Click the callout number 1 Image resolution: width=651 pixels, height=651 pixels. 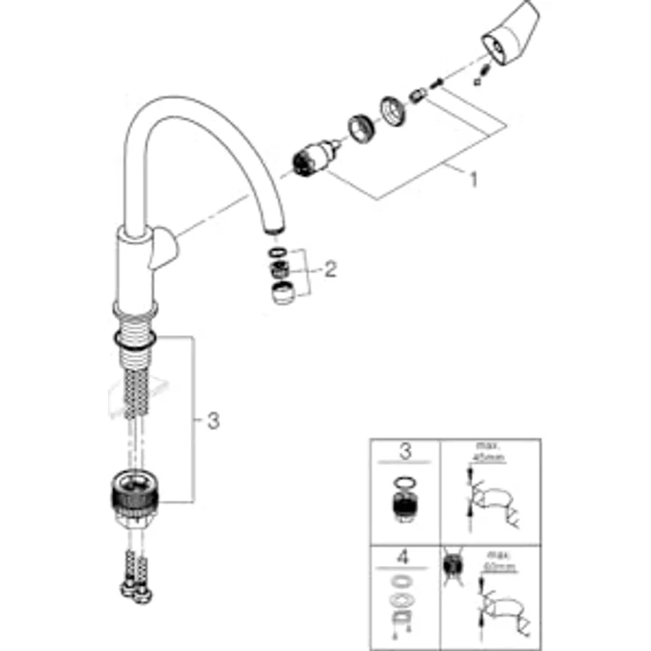(473, 179)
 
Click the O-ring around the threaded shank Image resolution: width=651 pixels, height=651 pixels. (135, 339)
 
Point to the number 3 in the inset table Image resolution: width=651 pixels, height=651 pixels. (405, 453)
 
